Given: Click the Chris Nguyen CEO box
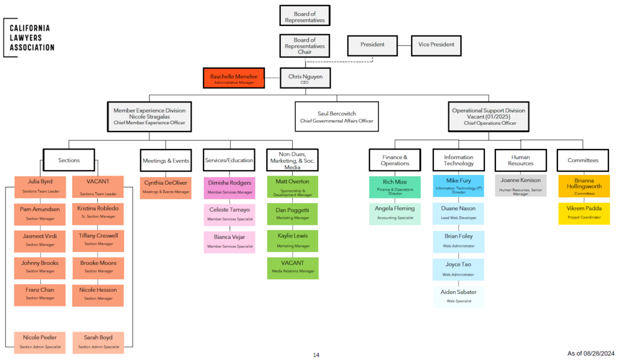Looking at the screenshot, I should pyautogui.click(x=305, y=78).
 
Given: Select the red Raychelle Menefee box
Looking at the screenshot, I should pyautogui.click(x=234, y=78).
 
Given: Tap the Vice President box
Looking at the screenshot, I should pyautogui.click(x=437, y=45).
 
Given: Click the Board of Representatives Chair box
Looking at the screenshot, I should pyautogui.click(x=305, y=46).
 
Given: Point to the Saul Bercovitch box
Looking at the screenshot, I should pyautogui.click(x=336, y=116).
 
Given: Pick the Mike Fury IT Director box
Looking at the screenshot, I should pyautogui.click(x=458, y=184).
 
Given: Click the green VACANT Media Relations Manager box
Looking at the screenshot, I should pyautogui.click(x=292, y=267).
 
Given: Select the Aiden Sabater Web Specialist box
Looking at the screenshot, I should pyautogui.click(x=458, y=295).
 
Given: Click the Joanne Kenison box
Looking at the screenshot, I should pyautogui.click(x=521, y=184).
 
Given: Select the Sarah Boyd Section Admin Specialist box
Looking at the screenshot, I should pyautogui.click(x=98, y=341).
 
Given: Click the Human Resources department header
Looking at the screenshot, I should pyautogui.click(x=521, y=160).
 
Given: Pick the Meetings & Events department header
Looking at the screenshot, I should pyautogui.click(x=166, y=160).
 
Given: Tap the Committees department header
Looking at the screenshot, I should pyautogui.click(x=583, y=160).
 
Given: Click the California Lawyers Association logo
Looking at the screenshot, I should pyautogui.click(x=28, y=37).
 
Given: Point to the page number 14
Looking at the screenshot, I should pyautogui.click(x=316, y=355).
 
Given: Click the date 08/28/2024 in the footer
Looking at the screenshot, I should pyautogui.click(x=599, y=353).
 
